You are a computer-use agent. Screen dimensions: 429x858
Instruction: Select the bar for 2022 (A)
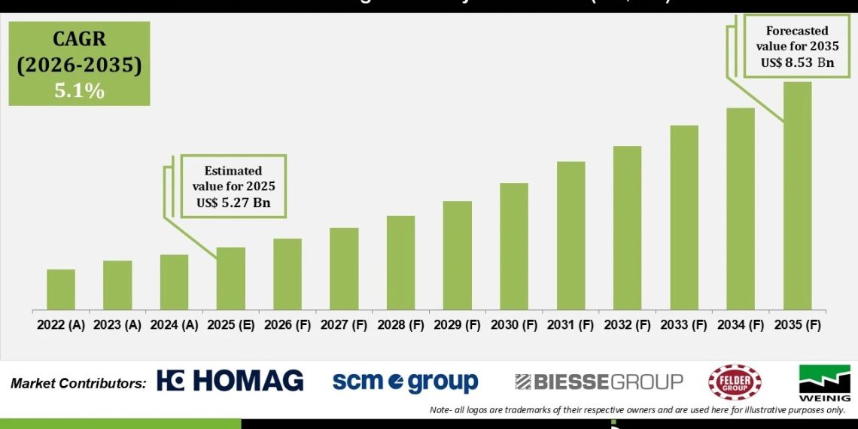coord(61,290)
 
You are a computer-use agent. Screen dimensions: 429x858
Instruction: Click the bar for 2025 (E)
coord(230,278)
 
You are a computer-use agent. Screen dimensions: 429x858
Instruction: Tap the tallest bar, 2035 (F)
coord(797,196)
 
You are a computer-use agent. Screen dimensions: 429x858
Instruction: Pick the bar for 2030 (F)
coord(513,246)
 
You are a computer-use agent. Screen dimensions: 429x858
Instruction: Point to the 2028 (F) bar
coord(400,263)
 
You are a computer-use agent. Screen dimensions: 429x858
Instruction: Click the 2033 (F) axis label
coord(683,325)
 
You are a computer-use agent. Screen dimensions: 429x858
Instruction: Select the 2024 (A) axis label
coord(174,325)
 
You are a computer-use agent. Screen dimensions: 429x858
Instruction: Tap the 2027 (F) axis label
coord(344,325)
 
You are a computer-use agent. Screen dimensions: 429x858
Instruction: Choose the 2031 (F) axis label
coord(570,325)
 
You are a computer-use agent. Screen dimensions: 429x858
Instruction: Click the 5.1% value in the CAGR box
coord(79,91)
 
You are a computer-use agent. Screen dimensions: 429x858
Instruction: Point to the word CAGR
coord(79,39)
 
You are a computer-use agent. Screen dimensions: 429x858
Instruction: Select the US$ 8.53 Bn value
coord(797,62)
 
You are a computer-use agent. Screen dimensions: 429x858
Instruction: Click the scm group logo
coord(405,382)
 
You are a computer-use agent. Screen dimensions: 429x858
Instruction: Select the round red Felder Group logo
coord(735,382)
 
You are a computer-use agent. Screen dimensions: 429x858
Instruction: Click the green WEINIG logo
coord(824,382)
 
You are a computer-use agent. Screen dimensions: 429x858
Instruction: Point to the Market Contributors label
coord(78,383)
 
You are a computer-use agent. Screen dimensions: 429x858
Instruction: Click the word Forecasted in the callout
coord(797,31)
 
